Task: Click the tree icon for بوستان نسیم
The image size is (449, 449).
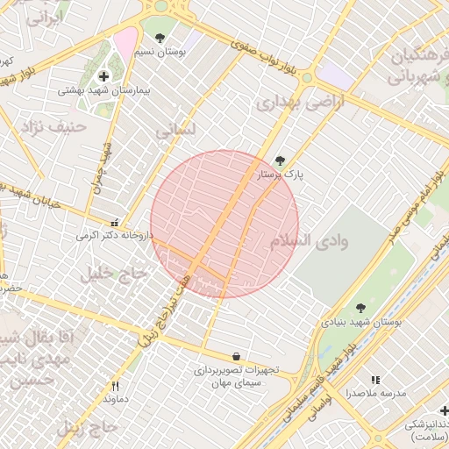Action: (x=160, y=38)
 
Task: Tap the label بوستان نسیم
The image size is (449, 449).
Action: (x=160, y=53)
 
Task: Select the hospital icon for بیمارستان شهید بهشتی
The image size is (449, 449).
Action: (x=105, y=76)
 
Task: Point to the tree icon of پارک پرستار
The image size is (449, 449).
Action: (x=280, y=160)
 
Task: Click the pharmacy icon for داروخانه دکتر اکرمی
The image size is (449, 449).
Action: (x=114, y=222)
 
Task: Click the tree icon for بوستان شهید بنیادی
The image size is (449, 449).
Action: (x=360, y=308)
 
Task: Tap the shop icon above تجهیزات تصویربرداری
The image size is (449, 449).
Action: (x=237, y=356)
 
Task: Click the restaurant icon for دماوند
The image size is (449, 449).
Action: (x=115, y=386)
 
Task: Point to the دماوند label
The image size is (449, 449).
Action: (x=115, y=400)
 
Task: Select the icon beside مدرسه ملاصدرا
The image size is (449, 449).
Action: (x=375, y=380)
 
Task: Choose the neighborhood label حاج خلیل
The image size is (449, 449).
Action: (x=111, y=274)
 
